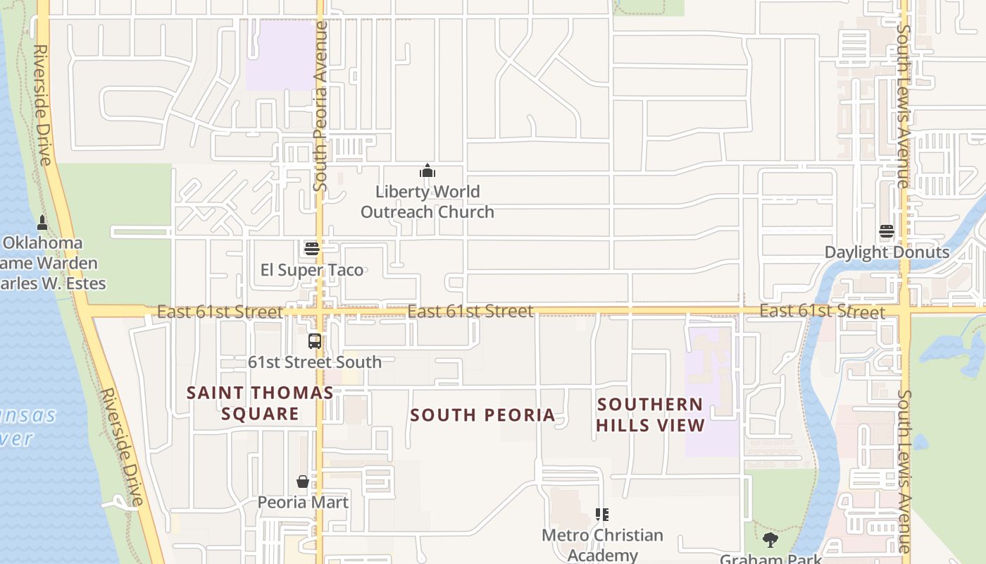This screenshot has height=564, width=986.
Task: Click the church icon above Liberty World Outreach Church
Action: point(427,171)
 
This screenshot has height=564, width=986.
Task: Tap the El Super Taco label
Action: point(312,270)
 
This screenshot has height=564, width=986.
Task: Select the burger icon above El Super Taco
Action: point(312,249)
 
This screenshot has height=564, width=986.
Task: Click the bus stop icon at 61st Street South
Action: point(315,341)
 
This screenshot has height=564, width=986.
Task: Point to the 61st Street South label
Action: point(314,362)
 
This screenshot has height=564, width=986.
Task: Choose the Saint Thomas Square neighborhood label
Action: point(260,403)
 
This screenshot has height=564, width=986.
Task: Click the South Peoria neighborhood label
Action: point(482,415)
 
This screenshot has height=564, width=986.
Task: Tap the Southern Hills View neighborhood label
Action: point(649,415)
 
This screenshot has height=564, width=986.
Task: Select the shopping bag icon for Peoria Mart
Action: point(303,482)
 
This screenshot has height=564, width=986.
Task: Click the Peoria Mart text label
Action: point(303,502)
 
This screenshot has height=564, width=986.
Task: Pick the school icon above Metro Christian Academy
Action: point(601,515)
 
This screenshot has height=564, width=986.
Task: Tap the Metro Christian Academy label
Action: point(602,545)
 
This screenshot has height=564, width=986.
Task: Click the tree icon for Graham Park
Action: point(770,541)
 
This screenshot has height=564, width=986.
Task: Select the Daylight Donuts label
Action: point(887,252)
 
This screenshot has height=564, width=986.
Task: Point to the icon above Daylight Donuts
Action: point(886,231)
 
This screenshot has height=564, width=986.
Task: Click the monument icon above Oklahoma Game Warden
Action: point(42,223)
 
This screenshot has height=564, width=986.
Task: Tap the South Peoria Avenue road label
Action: point(320,106)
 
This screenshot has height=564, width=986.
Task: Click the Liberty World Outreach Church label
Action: point(427,202)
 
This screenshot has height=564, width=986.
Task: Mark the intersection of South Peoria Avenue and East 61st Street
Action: point(320,311)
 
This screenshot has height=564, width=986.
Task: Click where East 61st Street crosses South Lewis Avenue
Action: point(904,310)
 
